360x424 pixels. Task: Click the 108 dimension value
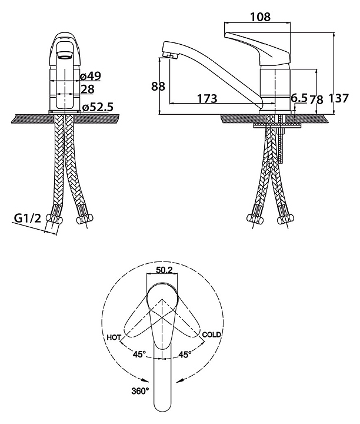point(260,17)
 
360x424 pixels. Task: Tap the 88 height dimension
point(158,87)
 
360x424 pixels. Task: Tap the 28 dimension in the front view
point(87,89)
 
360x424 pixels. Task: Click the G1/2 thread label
point(26,220)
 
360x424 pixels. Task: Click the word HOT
point(114,337)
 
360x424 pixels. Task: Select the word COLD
point(211,334)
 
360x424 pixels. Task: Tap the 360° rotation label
point(140,390)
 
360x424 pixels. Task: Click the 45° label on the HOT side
point(139,355)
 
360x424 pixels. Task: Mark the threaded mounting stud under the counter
point(281,141)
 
